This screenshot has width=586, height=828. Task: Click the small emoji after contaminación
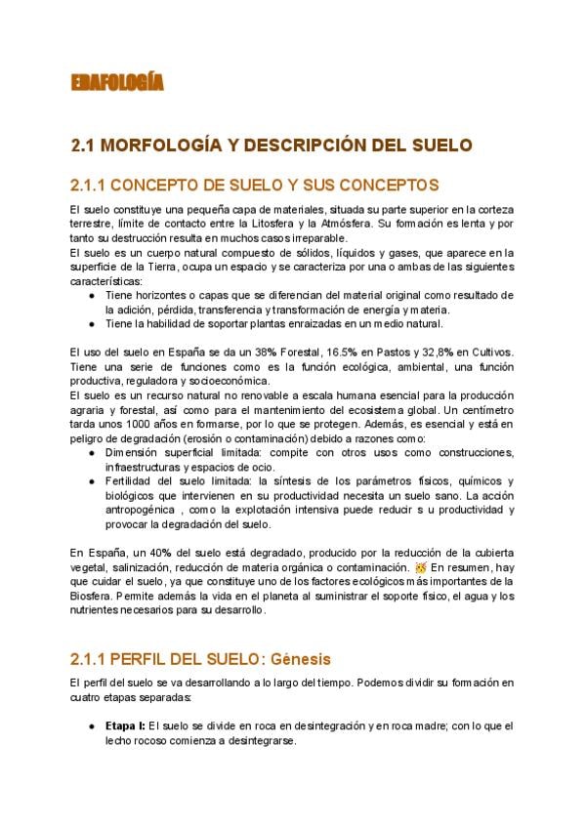tap(421, 566)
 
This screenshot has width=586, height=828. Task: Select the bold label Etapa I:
tap(126, 726)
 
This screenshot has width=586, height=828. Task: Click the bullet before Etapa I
tap(91, 726)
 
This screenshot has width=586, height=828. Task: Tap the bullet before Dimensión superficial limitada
tap(91, 453)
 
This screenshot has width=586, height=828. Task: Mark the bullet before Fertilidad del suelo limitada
tap(91, 483)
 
